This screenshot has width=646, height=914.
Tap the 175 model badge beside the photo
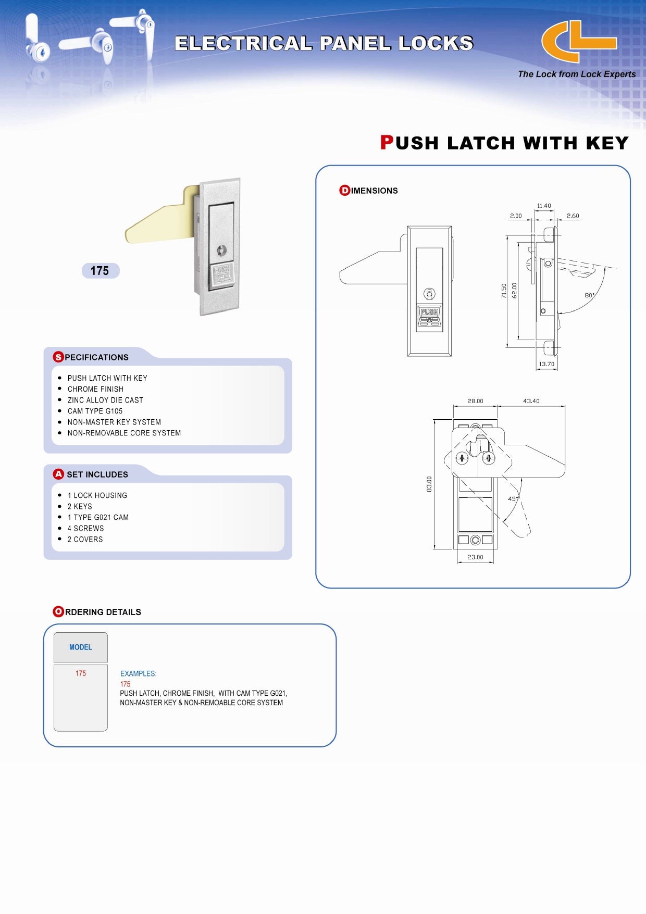(100, 271)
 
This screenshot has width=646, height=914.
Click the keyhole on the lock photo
(222, 251)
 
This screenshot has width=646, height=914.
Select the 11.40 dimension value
(544, 206)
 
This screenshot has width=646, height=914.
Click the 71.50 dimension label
(504, 291)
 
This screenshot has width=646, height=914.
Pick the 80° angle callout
(589, 295)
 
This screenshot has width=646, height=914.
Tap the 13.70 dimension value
(546, 364)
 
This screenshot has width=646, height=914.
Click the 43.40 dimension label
(531, 401)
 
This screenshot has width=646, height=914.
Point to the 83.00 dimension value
(429, 484)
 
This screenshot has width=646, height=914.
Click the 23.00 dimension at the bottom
(475, 557)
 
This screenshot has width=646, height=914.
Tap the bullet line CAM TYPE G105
(95, 411)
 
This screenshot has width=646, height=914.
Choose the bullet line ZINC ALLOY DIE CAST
(105, 400)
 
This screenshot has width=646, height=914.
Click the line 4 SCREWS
(85, 528)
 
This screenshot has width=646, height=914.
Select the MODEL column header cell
(81, 647)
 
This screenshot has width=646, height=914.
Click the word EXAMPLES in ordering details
(138, 673)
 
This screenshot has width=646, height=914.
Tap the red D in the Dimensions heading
(344, 191)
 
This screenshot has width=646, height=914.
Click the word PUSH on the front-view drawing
(429, 311)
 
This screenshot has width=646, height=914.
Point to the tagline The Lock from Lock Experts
(577, 74)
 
